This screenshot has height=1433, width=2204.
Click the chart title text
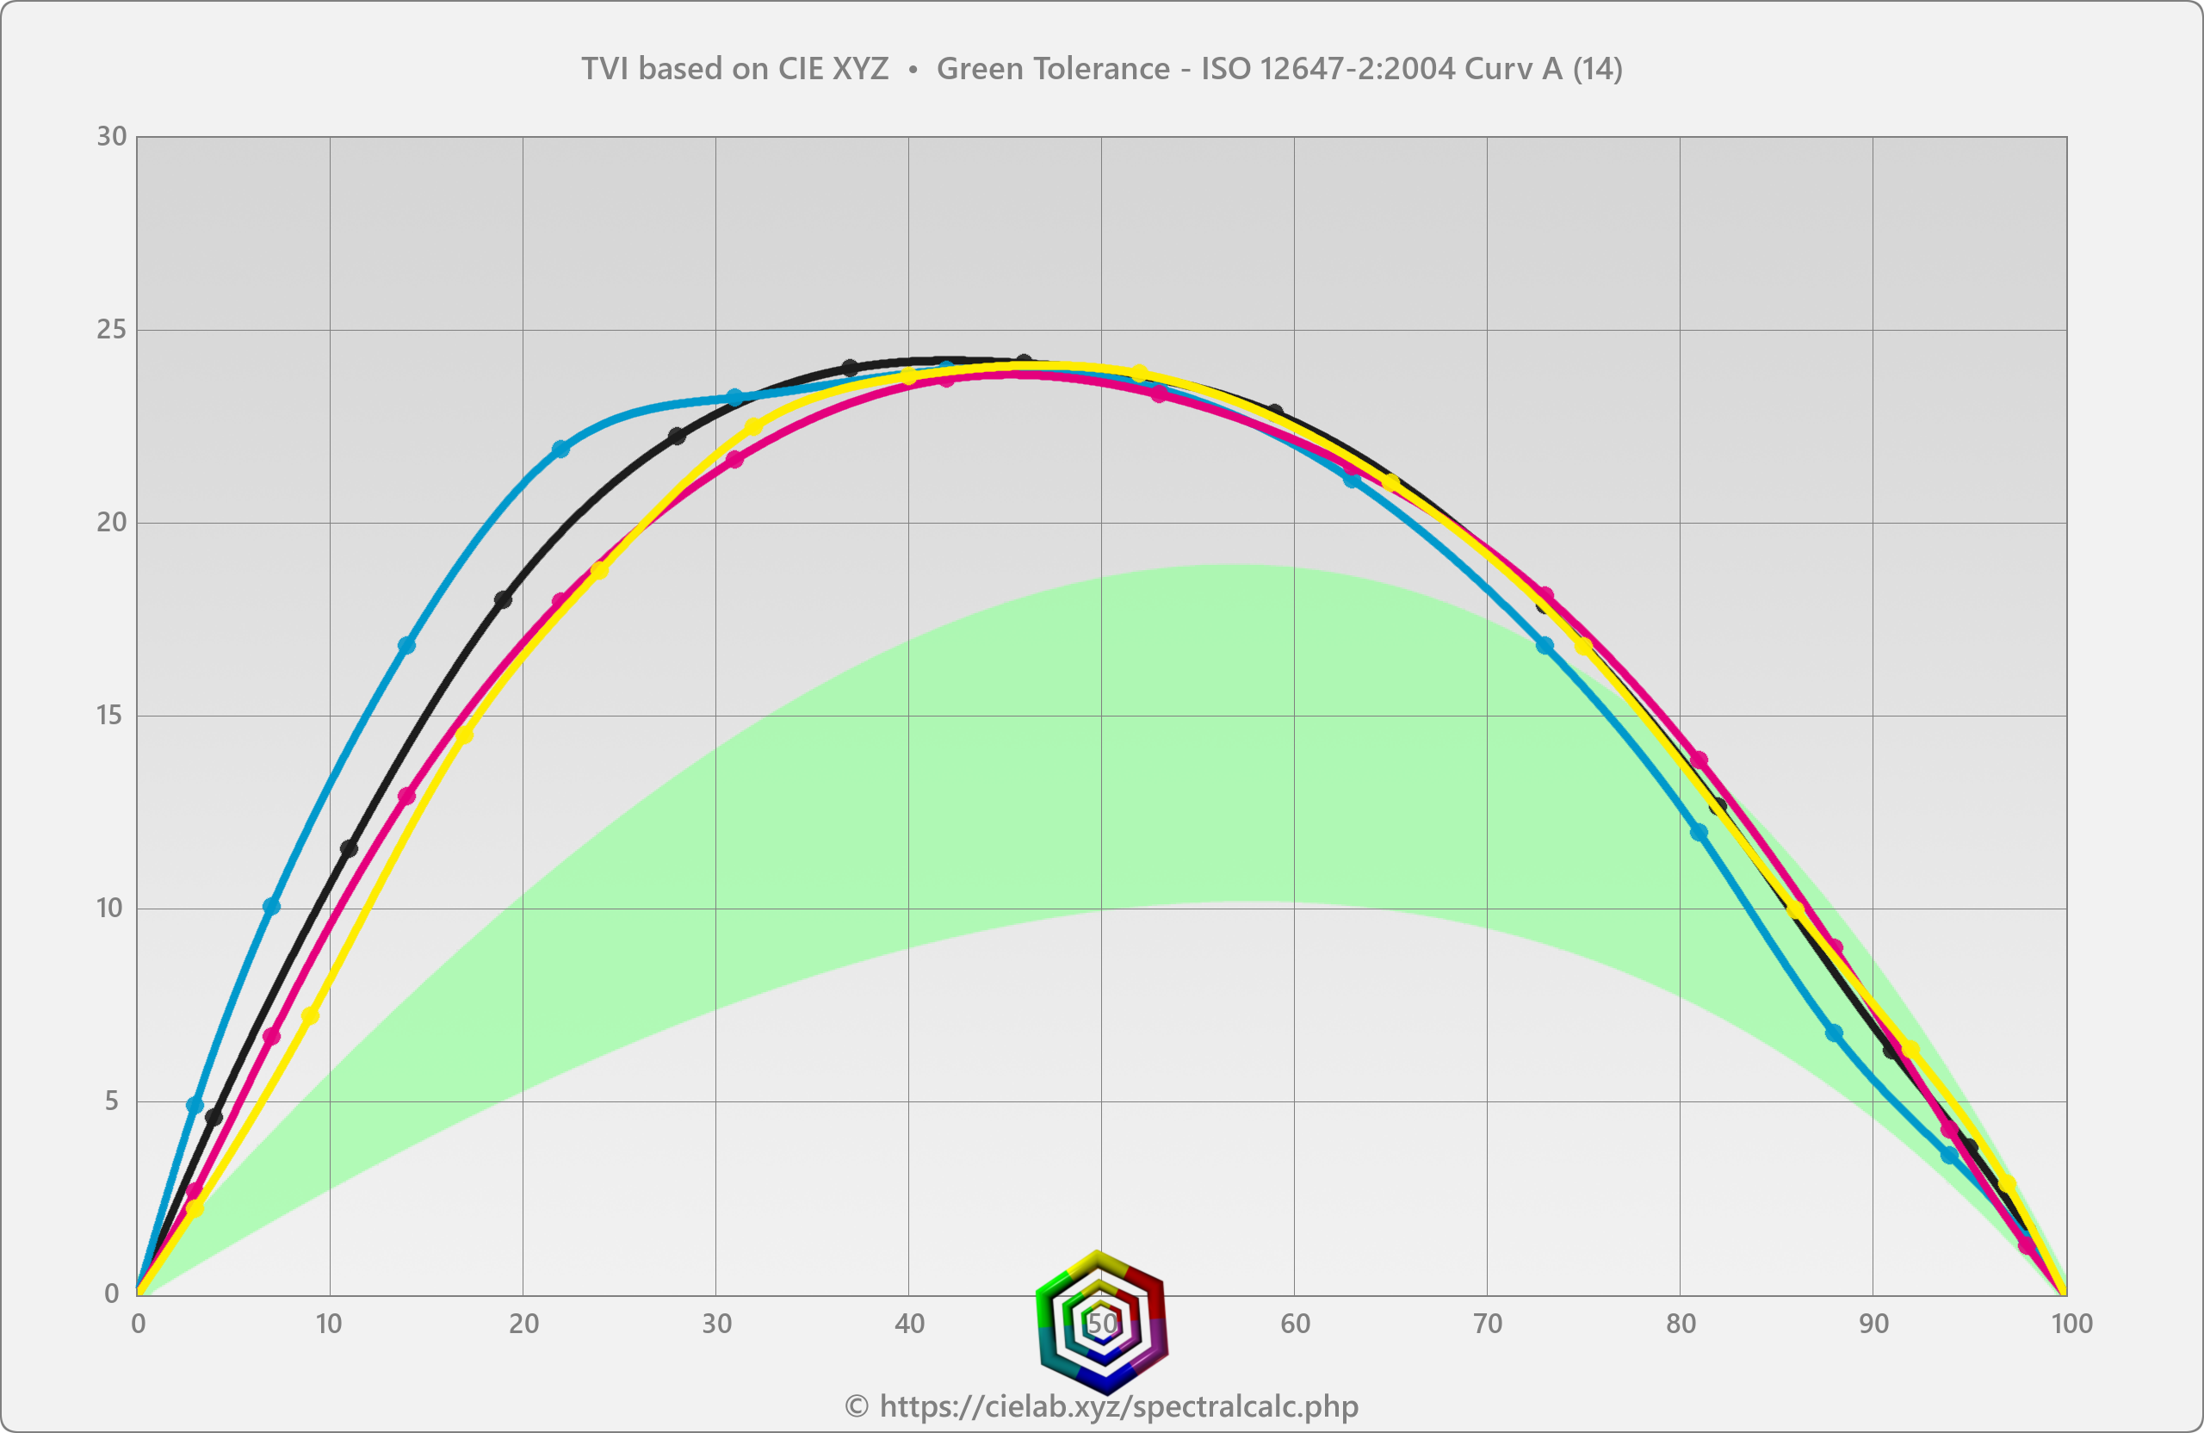1101,69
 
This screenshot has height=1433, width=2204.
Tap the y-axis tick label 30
111,137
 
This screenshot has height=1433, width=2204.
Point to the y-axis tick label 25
111,330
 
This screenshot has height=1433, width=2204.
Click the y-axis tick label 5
112,1101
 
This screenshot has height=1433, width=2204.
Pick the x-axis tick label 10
329,1324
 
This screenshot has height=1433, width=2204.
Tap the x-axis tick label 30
715,1324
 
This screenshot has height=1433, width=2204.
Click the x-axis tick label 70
1487,1324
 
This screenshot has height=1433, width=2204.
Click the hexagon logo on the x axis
1101,1322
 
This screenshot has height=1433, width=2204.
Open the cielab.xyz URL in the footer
1118,1406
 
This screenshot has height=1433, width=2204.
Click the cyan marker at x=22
561,450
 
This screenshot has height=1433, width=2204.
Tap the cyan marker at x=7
271,906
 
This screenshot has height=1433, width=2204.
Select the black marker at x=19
503,600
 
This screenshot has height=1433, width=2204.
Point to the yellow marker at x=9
310,1016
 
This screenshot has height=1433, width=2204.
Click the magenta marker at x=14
406,796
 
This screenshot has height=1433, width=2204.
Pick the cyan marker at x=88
1835,1033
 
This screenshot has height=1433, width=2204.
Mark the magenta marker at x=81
1699,760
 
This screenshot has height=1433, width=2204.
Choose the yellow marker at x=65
1391,482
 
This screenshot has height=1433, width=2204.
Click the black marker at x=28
677,437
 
